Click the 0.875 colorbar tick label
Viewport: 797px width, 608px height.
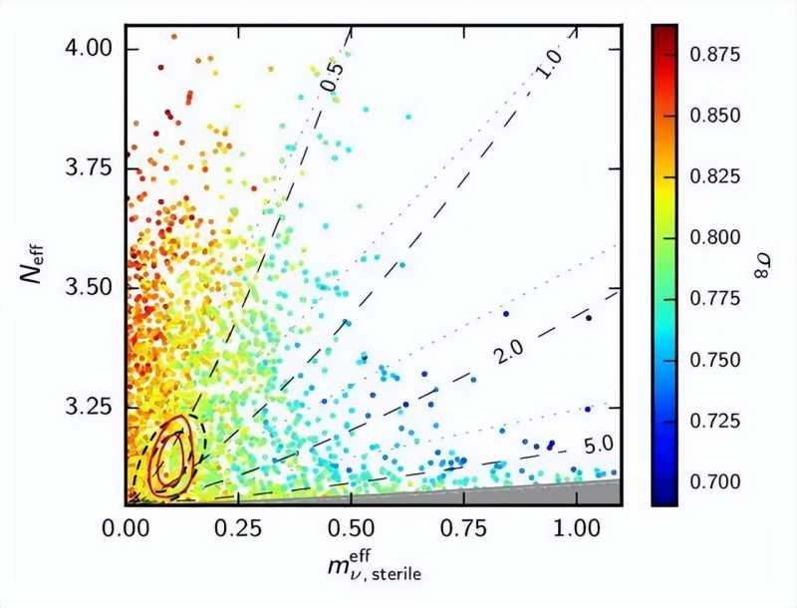[x=716, y=54]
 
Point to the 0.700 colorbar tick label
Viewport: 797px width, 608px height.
[x=716, y=481]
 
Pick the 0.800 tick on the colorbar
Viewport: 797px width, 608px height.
[x=716, y=237]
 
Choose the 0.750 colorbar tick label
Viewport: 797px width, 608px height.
[x=716, y=359]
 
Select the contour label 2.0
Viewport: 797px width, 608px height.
[x=507, y=350]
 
